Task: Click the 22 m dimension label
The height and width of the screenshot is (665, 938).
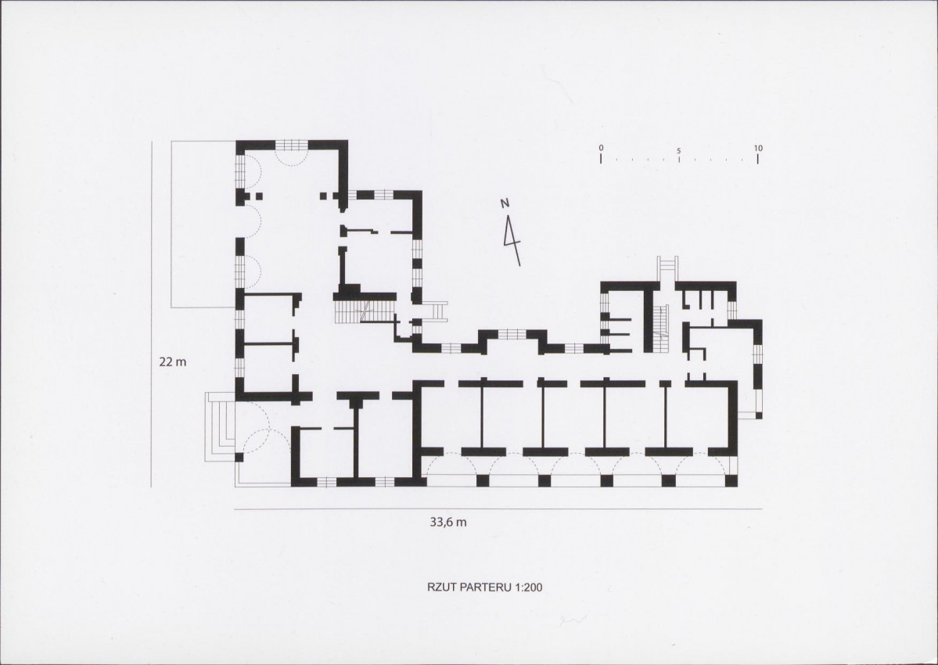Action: [173, 361]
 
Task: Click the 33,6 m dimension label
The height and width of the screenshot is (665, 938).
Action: [448, 522]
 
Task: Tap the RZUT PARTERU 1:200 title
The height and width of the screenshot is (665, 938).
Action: [484, 588]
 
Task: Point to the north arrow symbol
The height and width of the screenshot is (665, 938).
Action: [512, 240]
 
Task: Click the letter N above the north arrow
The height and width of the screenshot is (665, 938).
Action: [505, 203]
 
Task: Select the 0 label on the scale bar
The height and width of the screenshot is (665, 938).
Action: [601, 148]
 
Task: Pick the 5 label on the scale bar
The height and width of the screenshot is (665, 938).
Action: [678, 151]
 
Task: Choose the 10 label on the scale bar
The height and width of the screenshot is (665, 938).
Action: [758, 148]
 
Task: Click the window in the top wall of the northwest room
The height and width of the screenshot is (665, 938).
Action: [291, 145]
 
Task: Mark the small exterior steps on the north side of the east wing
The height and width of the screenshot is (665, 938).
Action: [667, 268]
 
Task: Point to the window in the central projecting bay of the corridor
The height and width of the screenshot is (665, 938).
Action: [509, 334]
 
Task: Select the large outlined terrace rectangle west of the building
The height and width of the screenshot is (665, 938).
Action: [203, 225]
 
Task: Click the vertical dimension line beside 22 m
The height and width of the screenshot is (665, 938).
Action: [151, 314]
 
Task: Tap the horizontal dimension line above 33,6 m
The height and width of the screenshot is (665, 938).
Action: [498, 509]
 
